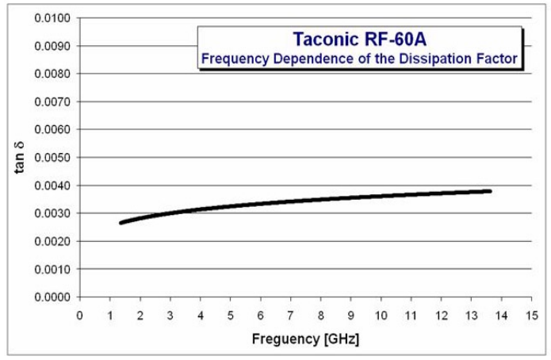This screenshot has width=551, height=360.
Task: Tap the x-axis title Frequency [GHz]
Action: [305, 339]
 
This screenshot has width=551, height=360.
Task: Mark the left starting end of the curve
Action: [121, 223]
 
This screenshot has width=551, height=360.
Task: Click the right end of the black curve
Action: [490, 191]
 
